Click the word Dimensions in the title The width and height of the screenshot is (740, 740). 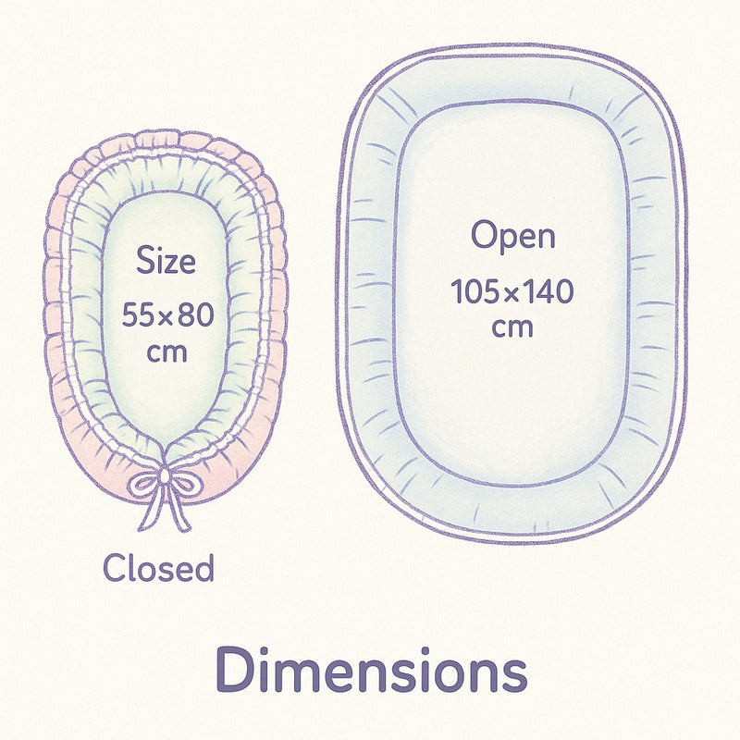[371, 670]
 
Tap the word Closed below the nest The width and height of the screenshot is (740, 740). [158, 568]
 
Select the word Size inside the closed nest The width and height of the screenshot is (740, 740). [166, 261]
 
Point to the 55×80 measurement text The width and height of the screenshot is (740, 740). [168, 315]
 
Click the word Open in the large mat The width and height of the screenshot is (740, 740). [513, 237]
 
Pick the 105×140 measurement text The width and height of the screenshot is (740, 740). [512, 292]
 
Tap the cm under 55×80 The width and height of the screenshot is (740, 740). [167, 351]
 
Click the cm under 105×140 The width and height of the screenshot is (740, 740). [512, 328]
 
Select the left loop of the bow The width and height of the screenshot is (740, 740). [143, 482]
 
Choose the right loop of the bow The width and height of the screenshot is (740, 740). [184, 482]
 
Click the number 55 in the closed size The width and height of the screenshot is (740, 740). [137, 315]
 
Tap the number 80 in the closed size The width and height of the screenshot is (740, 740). [196, 315]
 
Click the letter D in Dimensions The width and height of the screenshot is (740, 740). [236, 670]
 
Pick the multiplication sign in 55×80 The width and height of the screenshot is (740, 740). [166, 317]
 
